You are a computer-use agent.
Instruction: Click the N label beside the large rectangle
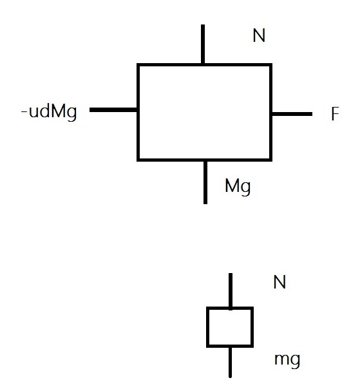[259, 35]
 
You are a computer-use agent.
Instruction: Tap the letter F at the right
[335, 113]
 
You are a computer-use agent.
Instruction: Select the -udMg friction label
[49, 111]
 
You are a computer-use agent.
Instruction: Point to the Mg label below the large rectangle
[238, 187]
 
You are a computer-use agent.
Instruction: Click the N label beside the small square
[279, 282]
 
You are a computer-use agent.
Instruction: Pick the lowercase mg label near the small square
[287, 360]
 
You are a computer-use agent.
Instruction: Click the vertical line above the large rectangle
[203, 44]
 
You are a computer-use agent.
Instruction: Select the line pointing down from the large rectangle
[205, 183]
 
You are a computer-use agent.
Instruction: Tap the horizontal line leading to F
[292, 114]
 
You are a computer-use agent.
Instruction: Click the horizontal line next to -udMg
[113, 110]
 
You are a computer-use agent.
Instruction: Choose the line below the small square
[231, 362]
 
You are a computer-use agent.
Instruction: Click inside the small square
[230, 327]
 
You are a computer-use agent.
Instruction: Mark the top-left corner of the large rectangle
[138, 64]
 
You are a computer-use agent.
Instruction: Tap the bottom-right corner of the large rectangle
[271, 160]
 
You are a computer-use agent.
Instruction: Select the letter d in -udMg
[44, 111]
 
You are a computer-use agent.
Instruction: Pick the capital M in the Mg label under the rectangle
[232, 185]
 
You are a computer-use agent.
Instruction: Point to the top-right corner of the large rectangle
[271, 64]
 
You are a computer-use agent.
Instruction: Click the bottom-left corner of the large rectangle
[138, 160]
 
